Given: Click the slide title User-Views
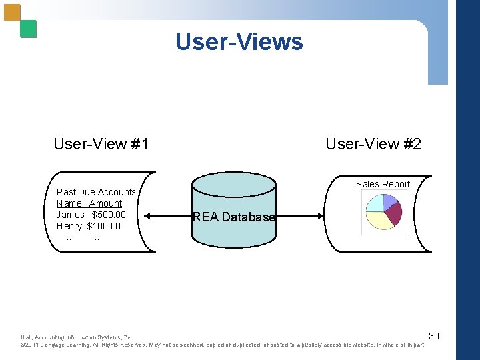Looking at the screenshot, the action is tap(239, 41).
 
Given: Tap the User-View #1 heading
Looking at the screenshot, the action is tap(101, 143).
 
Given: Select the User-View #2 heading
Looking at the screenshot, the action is tap(373, 143).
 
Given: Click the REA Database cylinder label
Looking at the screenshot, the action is tap(234, 217).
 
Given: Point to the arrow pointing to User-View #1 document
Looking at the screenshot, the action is tap(168, 216).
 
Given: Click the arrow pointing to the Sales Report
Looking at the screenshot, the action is tap(300, 216).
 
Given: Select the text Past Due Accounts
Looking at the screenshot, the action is tap(96, 192).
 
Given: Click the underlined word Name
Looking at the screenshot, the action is tap(69, 203).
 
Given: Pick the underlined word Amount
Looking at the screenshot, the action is tap(105, 203).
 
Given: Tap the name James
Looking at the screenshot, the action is tap(71, 215).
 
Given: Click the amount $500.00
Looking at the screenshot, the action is tap(109, 215).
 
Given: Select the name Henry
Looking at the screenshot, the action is tap(69, 226).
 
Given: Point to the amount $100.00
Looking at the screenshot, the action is tap(104, 226).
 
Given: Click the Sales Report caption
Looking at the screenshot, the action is tap(383, 184).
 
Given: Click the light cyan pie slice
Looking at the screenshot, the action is tap(375, 203).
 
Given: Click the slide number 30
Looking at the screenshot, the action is tap(434, 336).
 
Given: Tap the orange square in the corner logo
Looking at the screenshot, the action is tap(12, 12).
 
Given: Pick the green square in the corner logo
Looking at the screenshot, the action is tap(29, 29).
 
